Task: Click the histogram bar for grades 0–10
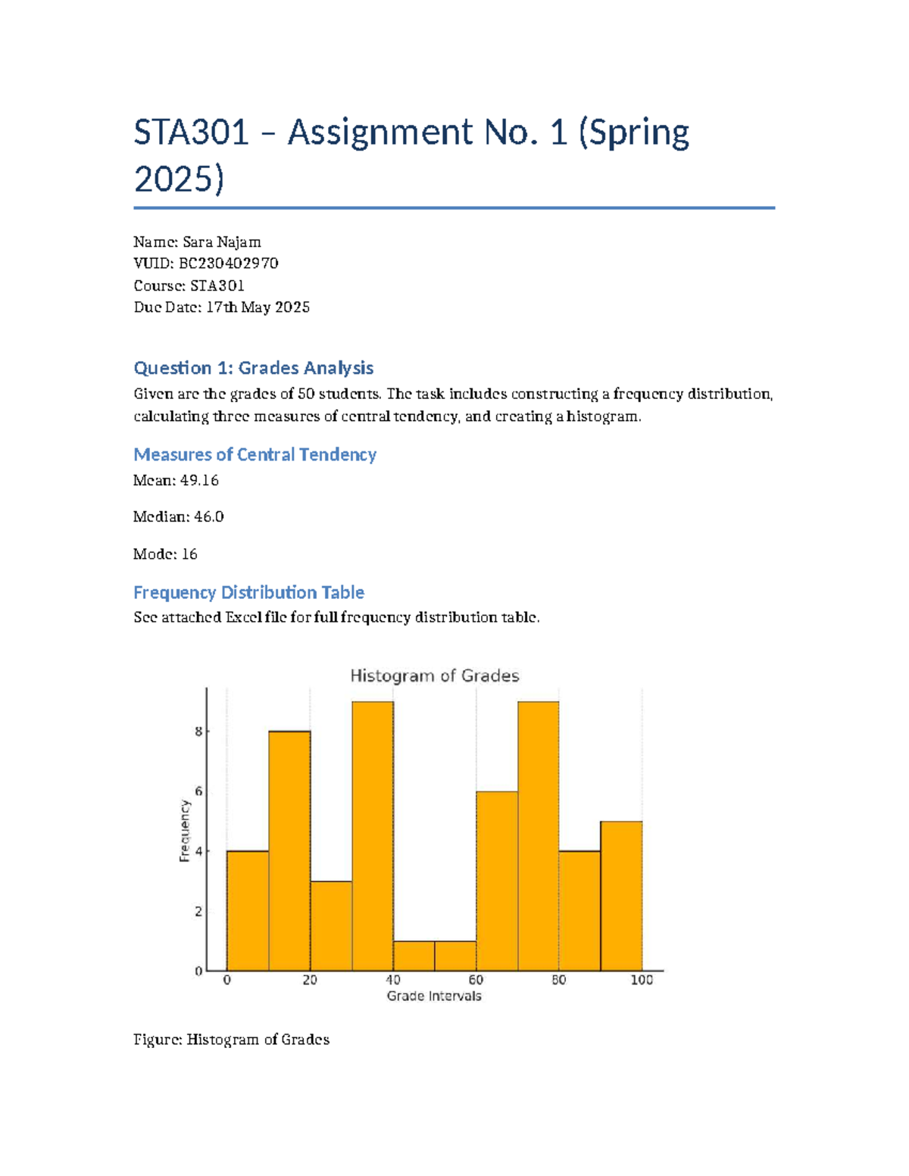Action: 248,910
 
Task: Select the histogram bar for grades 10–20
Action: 289,850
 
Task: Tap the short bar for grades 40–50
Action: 414,956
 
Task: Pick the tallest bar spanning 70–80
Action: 539,836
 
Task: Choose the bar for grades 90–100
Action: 621,896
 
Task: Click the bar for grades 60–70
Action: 497,881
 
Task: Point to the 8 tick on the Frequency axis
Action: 198,731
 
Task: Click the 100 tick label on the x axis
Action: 641,980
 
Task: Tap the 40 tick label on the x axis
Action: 393,980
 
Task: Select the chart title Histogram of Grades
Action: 434,675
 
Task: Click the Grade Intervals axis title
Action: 434,996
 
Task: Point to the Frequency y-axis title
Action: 184,831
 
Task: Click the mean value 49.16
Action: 199,480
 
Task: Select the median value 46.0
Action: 209,516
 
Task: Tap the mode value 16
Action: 189,554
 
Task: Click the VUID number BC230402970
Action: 228,264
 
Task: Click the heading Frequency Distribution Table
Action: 248,592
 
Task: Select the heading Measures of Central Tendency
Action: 255,454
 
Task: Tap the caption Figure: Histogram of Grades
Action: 231,1040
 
